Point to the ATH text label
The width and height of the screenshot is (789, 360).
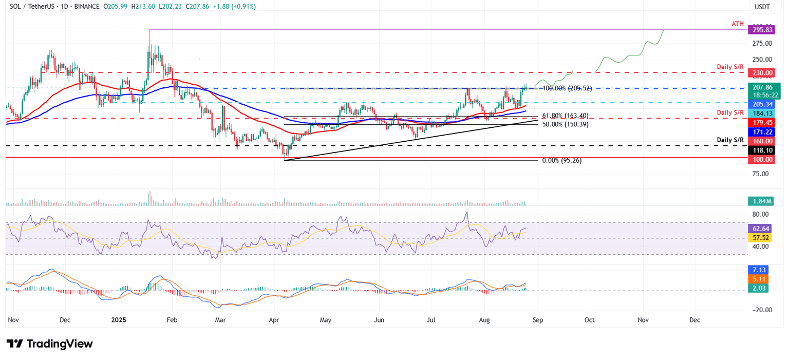(x=738, y=24)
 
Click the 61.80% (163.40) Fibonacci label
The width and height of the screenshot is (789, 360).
(x=566, y=116)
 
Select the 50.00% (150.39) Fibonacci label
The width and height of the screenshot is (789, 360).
(x=566, y=124)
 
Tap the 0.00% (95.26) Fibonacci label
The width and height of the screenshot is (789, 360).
(x=562, y=160)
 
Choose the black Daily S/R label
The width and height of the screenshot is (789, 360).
(x=730, y=140)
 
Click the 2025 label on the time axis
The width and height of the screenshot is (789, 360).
(x=118, y=319)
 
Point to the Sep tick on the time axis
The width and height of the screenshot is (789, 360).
(x=537, y=319)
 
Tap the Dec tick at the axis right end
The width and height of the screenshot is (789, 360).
(x=694, y=319)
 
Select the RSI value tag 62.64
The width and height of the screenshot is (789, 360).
(x=761, y=229)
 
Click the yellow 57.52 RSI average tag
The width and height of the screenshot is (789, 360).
(x=761, y=238)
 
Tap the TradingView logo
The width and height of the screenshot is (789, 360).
(x=50, y=344)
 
